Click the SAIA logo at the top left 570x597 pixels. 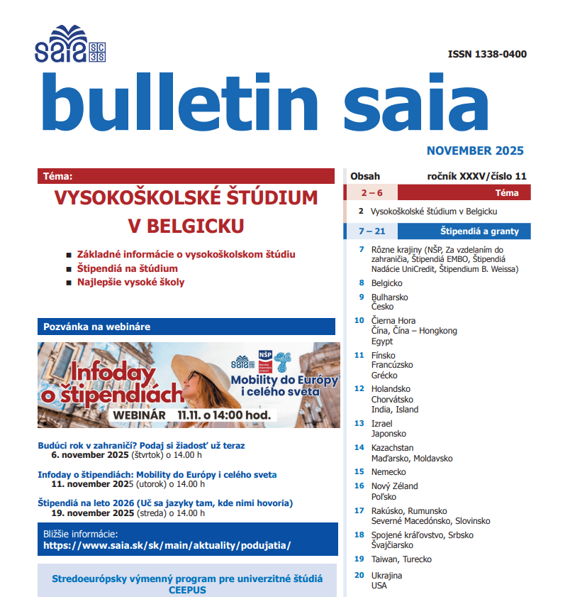click(69, 44)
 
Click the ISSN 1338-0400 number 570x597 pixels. click(487, 55)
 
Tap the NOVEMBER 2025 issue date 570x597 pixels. click(475, 150)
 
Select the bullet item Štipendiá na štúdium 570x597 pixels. click(127, 268)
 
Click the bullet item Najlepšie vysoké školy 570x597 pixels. click(130, 282)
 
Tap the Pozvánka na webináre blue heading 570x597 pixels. click(97, 327)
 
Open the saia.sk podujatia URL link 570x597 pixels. click(167, 546)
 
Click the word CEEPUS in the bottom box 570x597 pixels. click(186, 590)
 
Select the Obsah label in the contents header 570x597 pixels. click(365, 176)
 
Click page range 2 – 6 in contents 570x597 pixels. click(371, 192)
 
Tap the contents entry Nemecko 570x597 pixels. click(389, 471)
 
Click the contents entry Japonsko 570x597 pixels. click(389, 433)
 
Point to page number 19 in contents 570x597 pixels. click(359, 559)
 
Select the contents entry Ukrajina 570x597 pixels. click(386, 575)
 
